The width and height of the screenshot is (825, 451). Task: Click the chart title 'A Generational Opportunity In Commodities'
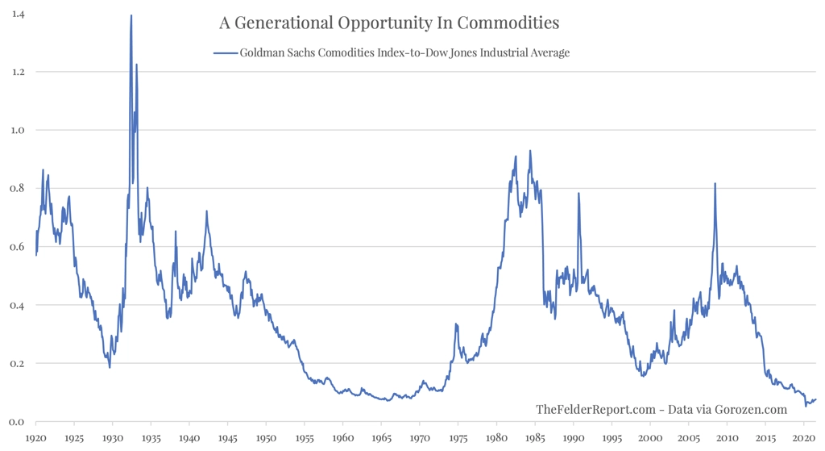(389, 21)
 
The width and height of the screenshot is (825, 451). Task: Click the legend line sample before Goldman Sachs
(225, 53)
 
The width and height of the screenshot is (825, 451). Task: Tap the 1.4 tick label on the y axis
(17, 14)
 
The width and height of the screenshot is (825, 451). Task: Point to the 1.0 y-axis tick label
(17, 130)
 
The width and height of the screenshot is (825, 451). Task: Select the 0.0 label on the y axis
(17, 422)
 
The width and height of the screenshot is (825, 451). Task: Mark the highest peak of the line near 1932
(131, 15)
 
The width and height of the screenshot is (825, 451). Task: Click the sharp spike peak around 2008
(715, 184)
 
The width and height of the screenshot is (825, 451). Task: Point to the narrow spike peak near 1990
(578, 194)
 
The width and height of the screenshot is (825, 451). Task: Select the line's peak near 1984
(530, 151)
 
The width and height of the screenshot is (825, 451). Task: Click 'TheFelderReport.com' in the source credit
(595, 410)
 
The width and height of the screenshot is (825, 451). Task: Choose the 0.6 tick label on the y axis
(17, 247)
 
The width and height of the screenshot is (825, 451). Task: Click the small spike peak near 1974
(456, 324)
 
